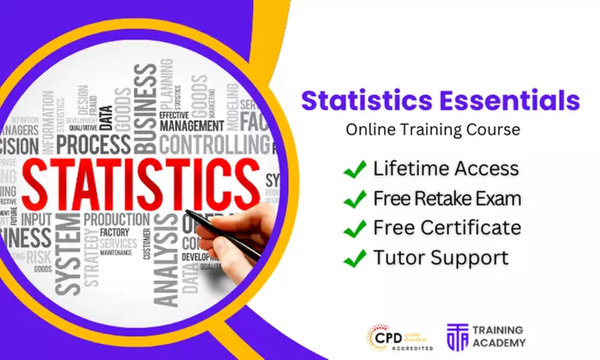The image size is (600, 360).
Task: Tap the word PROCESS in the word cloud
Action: [x=93, y=143]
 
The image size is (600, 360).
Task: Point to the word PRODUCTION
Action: [x=128, y=219]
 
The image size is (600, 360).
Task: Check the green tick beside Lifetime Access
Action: [x=355, y=169]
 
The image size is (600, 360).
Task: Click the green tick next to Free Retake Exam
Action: [x=355, y=199]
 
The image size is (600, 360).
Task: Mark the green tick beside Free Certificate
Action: [x=355, y=228]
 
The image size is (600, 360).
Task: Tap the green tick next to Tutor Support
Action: [x=355, y=257]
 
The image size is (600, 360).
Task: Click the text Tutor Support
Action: [x=441, y=257]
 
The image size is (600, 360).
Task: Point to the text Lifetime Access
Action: [x=446, y=169]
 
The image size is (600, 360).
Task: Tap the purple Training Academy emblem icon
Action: [x=459, y=337]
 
